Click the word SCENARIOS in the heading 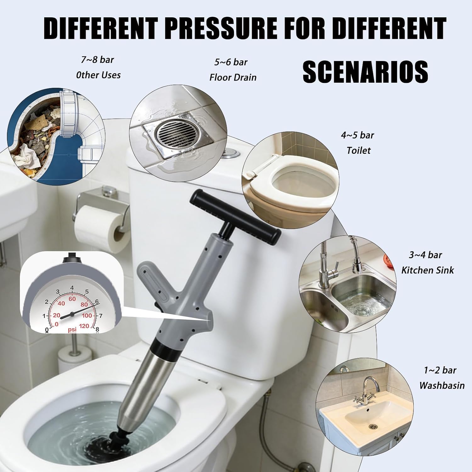(365, 72)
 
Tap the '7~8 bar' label (97, 59)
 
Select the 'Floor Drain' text (233, 77)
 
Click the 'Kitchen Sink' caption (427, 270)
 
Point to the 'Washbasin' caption (441, 385)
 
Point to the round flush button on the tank (231, 153)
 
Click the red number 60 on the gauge (72, 299)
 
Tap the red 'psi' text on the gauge (72, 329)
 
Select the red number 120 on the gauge (84, 326)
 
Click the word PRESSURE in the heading (221, 28)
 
